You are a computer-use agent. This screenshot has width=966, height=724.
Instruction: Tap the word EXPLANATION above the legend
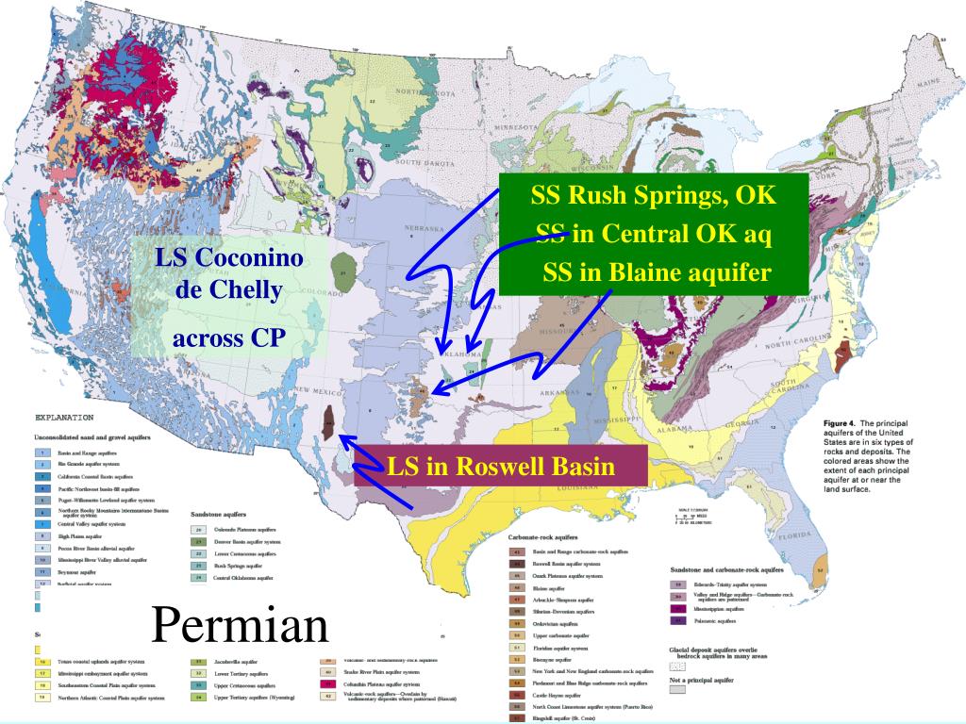click(63, 416)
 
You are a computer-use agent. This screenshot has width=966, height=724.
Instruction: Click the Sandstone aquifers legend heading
click(221, 516)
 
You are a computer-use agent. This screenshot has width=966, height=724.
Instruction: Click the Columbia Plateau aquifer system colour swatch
click(330, 683)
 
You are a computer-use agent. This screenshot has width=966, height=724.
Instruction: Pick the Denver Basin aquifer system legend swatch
click(200, 543)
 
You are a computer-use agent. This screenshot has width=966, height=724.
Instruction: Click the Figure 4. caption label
click(841, 424)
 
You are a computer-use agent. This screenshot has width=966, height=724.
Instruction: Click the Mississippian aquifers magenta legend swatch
click(676, 609)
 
